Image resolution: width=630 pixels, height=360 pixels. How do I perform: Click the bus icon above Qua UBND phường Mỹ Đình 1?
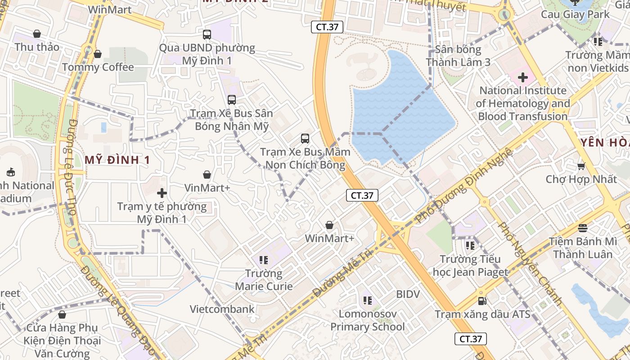(207, 34)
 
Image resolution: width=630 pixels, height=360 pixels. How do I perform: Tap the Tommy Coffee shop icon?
(98, 54)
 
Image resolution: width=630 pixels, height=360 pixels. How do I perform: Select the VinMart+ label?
(207, 188)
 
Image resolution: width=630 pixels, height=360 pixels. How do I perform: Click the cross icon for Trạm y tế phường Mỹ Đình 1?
(162, 193)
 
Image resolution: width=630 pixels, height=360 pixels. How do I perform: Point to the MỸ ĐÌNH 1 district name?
(117, 160)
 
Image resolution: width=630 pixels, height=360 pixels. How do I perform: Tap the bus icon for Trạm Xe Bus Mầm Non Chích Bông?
(305, 138)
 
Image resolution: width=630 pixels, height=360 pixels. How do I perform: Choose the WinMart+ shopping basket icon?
(329, 225)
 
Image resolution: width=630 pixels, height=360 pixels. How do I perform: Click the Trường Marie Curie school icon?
(264, 260)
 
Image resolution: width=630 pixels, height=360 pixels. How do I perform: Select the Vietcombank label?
(222, 309)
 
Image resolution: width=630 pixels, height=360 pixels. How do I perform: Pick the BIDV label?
(408, 294)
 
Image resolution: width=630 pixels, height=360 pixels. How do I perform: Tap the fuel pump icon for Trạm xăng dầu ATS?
(482, 301)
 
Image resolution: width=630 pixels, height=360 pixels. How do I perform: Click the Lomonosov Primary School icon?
(367, 300)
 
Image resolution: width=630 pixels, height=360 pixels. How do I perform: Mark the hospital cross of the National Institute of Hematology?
(522, 77)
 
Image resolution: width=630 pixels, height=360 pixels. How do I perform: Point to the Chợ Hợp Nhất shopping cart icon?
(581, 166)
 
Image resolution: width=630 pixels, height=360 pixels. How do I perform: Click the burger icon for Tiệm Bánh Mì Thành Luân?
(583, 228)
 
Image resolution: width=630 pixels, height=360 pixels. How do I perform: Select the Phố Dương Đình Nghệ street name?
(464, 185)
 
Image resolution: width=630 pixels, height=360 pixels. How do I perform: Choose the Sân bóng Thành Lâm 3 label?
(458, 56)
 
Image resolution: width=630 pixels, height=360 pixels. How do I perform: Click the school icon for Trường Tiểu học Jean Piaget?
(470, 246)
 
